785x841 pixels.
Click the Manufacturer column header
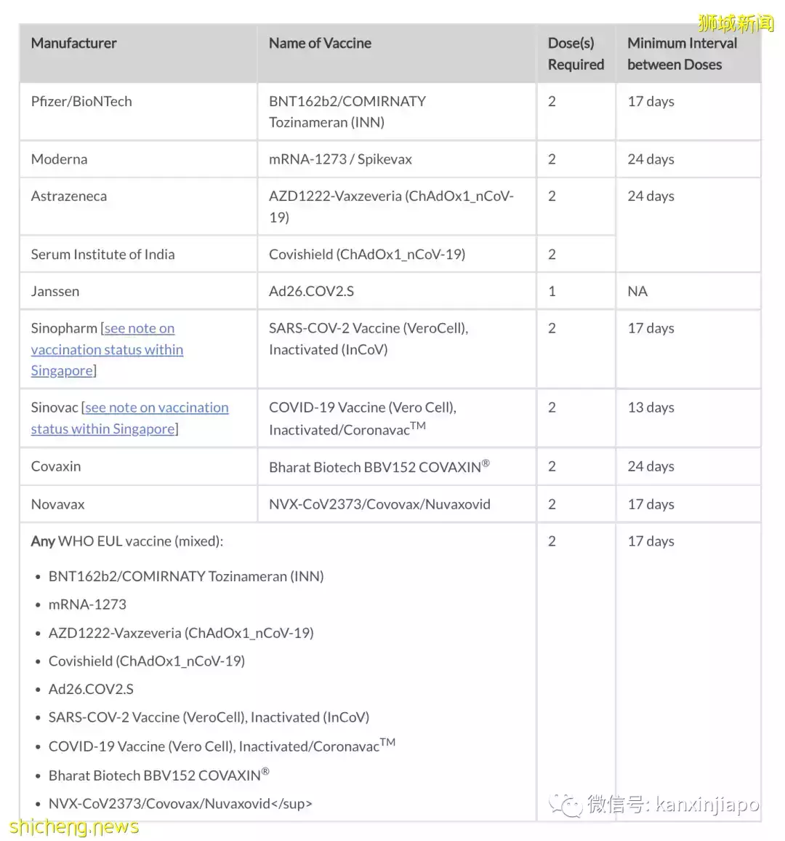(x=73, y=44)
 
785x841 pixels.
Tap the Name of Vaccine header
(x=320, y=44)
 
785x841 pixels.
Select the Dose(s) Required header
(x=576, y=54)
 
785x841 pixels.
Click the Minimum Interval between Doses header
(x=682, y=54)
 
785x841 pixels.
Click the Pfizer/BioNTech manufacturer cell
(x=81, y=102)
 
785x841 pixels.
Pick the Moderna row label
(x=59, y=159)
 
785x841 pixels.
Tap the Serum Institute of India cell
(x=102, y=255)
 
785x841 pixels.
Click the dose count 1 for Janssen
(x=552, y=292)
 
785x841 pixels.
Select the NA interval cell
(x=637, y=292)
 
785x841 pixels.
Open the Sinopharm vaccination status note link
(x=107, y=350)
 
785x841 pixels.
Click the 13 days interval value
(x=651, y=408)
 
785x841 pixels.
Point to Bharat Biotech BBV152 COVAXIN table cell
(x=379, y=467)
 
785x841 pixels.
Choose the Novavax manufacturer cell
(x=57, y=504)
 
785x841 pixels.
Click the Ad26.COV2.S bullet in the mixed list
(x=91, y=689)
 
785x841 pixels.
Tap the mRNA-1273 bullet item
(x=87, y=605)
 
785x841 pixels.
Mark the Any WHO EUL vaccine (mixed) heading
(x=127, y=541)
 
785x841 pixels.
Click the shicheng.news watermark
(x=74, y=827)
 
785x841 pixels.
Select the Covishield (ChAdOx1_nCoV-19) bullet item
(x=147, y=661)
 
